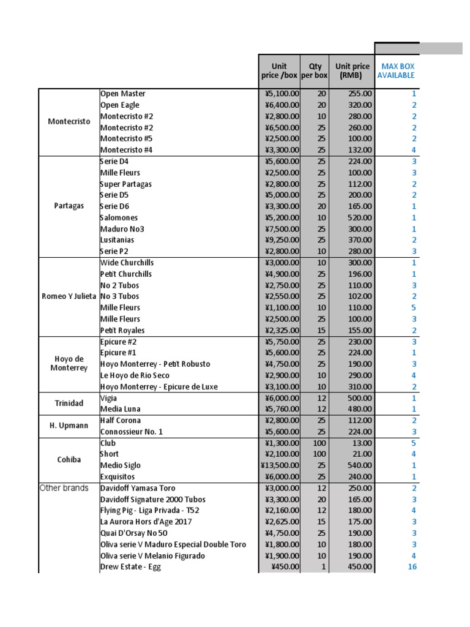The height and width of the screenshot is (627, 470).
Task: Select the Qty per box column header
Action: click(315, 71)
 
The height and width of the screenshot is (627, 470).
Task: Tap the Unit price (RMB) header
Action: click(352, 71)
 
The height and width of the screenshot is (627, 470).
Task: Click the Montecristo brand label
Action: click(69, 121)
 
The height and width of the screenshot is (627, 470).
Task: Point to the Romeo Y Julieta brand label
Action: click(69, 296)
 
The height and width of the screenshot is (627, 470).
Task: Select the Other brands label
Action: click(64, 488)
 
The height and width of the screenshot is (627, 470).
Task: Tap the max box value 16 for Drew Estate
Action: click(412, 567)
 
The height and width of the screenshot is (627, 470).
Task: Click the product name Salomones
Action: click(119, 218)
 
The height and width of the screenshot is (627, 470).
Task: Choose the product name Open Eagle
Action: click(120, 105)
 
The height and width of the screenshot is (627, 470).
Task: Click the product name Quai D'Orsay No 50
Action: click(133, 533)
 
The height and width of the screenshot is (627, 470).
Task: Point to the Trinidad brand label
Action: click(69, 404)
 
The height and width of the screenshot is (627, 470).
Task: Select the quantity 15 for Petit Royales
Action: click(321, 331)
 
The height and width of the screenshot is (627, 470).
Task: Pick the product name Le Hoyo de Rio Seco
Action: click(135, 375)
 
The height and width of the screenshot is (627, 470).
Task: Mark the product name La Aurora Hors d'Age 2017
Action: click(146, 522)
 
